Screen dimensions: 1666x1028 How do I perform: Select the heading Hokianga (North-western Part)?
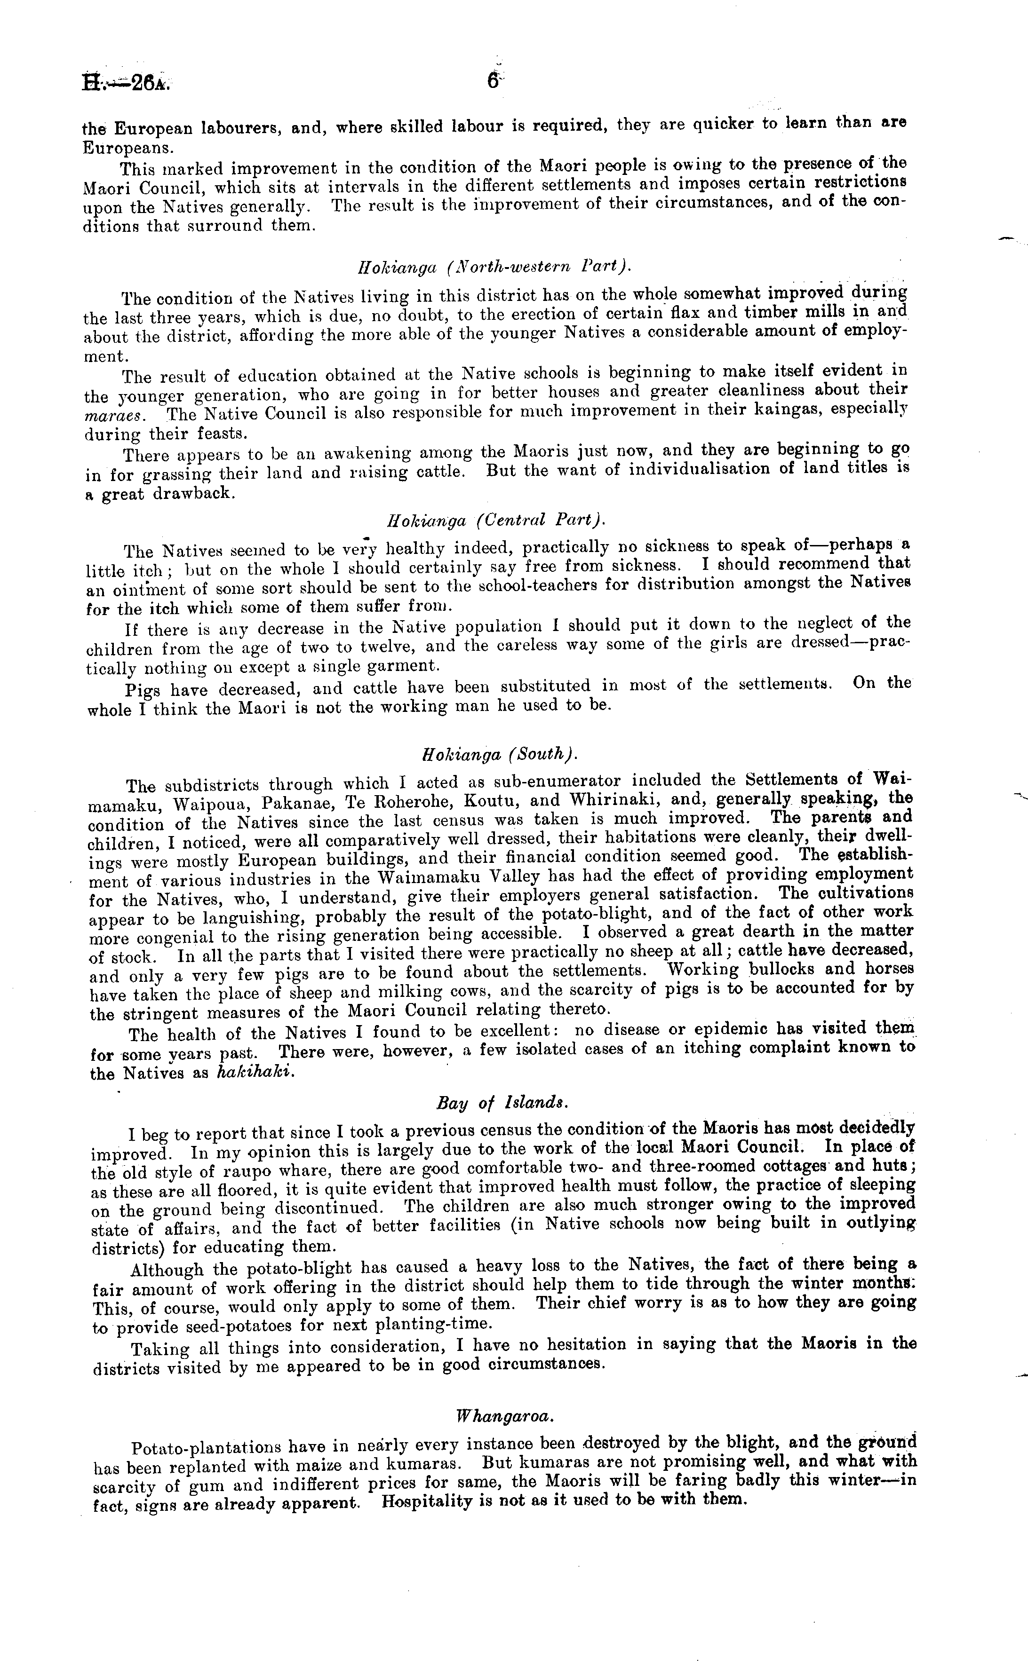point(495,267)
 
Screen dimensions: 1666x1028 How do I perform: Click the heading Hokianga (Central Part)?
point(495,521)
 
